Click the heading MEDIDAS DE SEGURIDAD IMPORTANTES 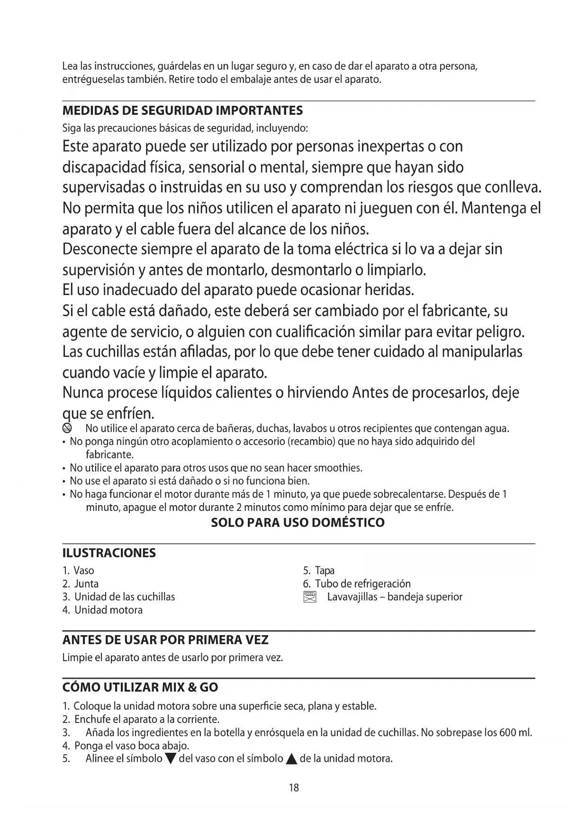pyautogui.click(x=182, y=111)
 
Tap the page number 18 pyautogui.click(x=294, y=788)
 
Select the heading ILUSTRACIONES pyautogui.click(x=109, y=553)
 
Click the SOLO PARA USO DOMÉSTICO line pyautogui.click(x=298, y=523)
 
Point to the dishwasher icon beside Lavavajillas pyautogui.click(x=309, y=597)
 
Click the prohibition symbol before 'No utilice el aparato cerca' pyautogui.click(x=67, y=429)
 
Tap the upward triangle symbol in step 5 pyautogui.click(x=292, y=758)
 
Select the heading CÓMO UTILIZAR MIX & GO pyautogui.click(x=140, y=687)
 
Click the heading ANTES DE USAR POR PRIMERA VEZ pyautogui.click(x=165, y=640)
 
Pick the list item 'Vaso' pyautogui.click(x=84, y=571)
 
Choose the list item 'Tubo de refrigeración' pyautogui.click(x=362, y=584)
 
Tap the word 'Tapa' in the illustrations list pyautogui.click(x=325, y=571)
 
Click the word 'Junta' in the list pyautogui.click(x=87, y=584)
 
